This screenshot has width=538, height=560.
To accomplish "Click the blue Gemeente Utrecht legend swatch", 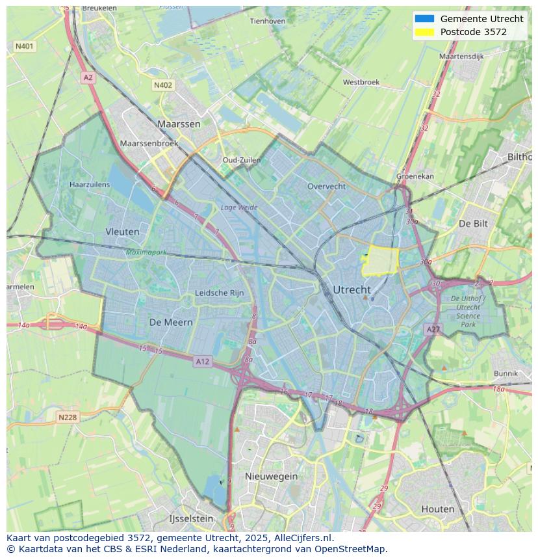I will click(424, 19).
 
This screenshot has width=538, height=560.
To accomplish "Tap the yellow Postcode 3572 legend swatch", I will click(424, 32).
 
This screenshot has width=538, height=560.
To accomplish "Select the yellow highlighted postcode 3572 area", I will click(380, 261).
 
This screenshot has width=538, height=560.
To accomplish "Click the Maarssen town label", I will click(179, 123).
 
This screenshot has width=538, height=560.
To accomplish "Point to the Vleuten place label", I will click(122, 231).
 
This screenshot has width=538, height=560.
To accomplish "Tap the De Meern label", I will click(171, 322).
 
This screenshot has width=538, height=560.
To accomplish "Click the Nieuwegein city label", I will click(271, 476).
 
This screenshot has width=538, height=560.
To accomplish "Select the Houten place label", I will click(438, 509).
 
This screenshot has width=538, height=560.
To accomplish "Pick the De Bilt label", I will click(473, 223).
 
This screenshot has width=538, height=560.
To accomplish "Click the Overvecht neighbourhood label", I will click(326, 186).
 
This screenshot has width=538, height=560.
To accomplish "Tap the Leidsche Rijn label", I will click(220, 293).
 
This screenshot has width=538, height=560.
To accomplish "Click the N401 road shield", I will click(24, 46).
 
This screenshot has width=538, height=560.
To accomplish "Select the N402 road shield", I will click(163, 85).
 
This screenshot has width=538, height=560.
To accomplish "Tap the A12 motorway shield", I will click(202, 362).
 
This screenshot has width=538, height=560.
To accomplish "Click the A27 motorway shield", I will click(433, 330).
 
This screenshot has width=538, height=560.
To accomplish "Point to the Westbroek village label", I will click(361, 83).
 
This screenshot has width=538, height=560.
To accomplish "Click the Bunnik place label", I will click(506, 373).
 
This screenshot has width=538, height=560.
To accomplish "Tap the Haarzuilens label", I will click(90, 185).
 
